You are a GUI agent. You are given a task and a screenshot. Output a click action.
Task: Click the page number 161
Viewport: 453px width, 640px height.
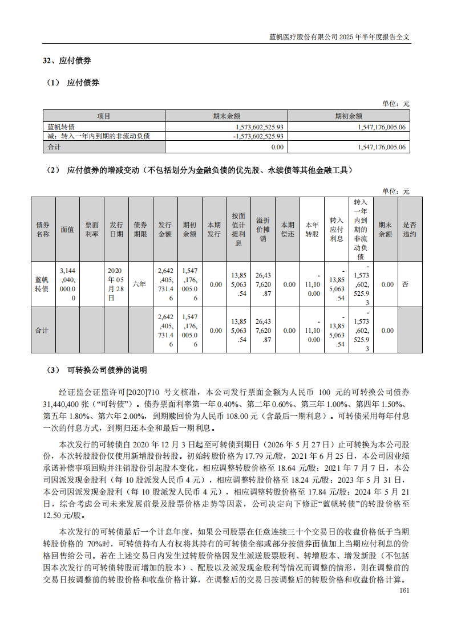coord(405,590)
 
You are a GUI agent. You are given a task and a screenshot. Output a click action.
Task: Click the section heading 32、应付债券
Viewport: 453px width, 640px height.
coord(67,60)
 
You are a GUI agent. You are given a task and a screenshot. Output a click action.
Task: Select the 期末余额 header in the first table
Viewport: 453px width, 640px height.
coord(226,116)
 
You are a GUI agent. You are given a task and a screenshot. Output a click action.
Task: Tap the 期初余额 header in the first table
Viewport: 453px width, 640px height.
coord(349,116)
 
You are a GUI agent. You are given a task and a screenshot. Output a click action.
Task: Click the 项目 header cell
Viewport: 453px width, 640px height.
coord(103,116)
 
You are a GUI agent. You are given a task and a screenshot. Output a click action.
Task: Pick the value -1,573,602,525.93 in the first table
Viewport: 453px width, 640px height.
coord(258,136)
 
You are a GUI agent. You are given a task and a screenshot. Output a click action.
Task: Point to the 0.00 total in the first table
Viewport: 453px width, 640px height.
coord(277,147)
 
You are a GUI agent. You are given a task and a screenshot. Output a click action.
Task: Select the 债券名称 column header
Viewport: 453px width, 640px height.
coord(43,229)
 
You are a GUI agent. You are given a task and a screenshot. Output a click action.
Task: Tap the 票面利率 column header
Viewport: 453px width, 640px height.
coord(91,229)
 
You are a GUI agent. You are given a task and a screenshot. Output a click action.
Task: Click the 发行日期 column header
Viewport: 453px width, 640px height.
coord(116,229)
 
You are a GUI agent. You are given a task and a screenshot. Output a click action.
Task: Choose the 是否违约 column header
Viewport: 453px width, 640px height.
coord(410,229)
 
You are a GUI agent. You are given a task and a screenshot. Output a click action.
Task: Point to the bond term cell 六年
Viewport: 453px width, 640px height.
coord(140,284)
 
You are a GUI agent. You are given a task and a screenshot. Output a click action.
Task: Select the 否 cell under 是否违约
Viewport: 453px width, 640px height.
coord(405,284)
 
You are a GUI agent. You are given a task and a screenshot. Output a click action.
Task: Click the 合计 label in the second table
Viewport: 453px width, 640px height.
coord(42,331)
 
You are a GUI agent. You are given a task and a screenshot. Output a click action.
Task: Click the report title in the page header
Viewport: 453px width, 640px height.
coord(340,36)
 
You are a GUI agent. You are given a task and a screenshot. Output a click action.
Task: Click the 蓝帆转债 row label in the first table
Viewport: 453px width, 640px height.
coord(59,127)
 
